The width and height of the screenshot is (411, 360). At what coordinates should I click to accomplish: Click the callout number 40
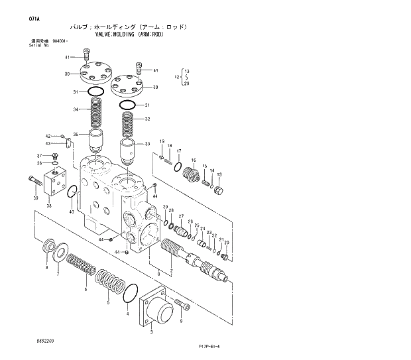[x=72, y=212]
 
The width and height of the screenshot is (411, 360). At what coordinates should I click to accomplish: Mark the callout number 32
[x=147, y=119]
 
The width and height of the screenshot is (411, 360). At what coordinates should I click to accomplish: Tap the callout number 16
[x=194, y=160]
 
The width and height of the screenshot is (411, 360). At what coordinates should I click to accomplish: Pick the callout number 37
[x=38, y=155]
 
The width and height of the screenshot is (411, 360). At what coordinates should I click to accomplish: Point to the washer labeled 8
[x=48, y=249]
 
